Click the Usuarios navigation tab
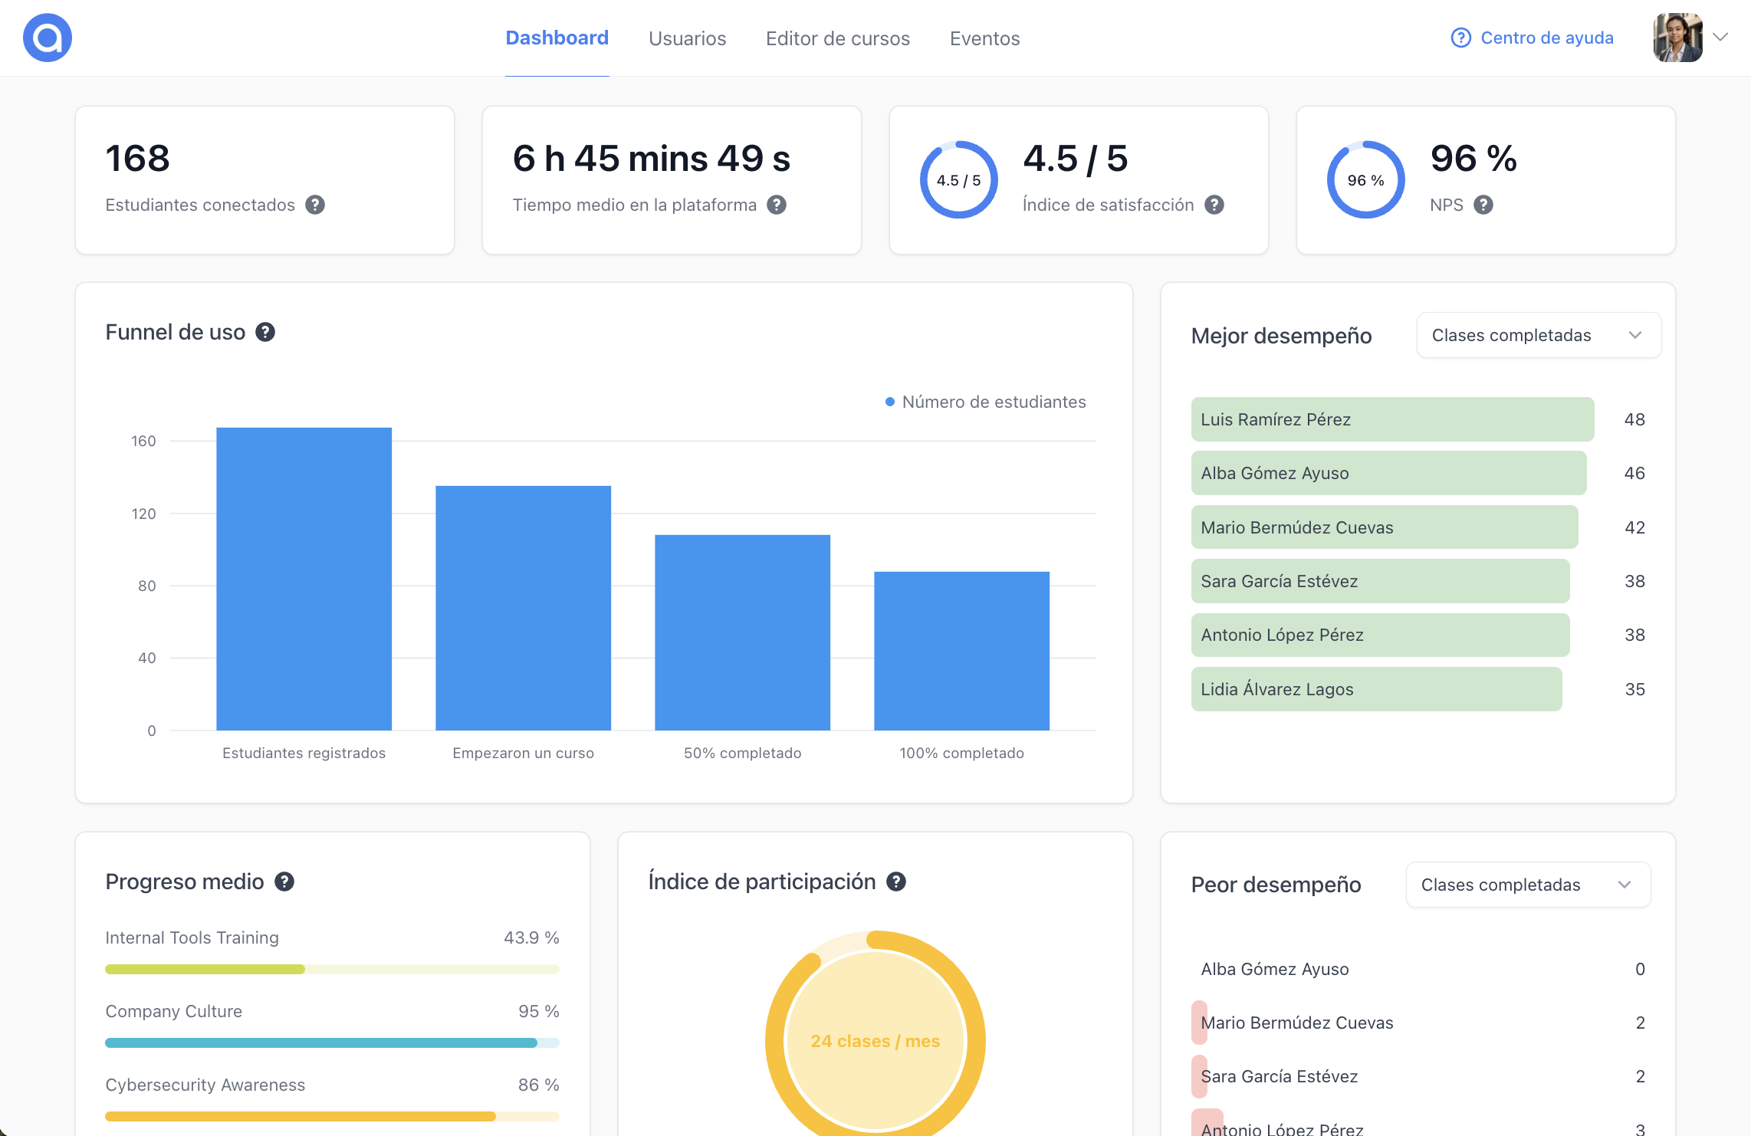coord(687,38)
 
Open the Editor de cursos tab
coord(837,38)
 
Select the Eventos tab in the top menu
coord(984,38)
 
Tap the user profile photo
coord(1677,38)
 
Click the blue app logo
coord(48,38)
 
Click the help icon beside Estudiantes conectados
coord(315,205)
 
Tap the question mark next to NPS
coord(1483,205)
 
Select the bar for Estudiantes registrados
coord(304,579)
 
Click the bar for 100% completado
coord(961,651)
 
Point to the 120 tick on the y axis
coord(143,514)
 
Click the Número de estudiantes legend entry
coord(986,402)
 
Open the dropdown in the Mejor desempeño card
coord(1538,335)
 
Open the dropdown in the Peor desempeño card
coord(1527,885)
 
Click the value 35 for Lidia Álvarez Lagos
coord(1634,689)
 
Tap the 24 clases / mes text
coord(875,1041)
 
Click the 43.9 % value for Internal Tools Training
coord(531,937)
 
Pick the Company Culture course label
coord(174,1011)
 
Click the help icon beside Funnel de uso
coord(265,332)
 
